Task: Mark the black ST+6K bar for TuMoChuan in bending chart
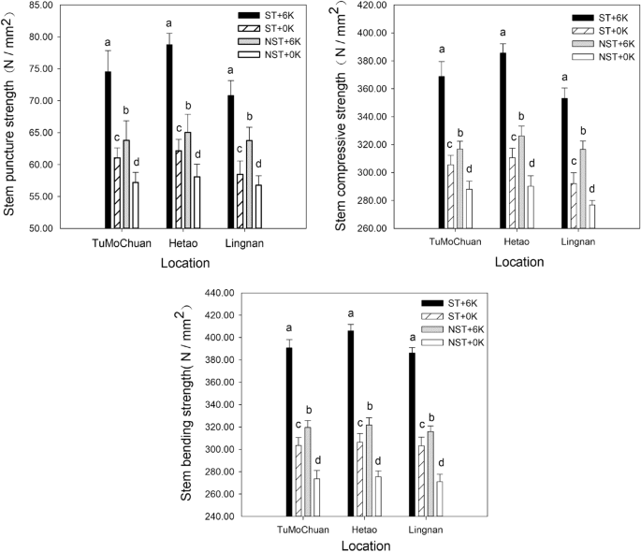point(289,431)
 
